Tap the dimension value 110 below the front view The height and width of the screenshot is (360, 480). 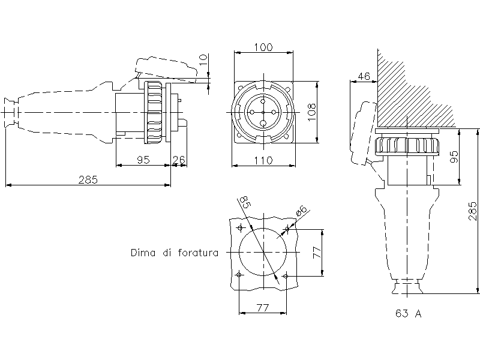pyautogui.click(x=263, y=160)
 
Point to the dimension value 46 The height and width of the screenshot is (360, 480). pyautogui.click(x=363, y=76)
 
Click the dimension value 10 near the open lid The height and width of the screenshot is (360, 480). pyautogui.click(x=203, y=60)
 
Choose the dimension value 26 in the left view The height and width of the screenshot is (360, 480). pyautogui.click(x=179, y=160)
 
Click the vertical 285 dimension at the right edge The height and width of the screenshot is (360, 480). pyautogui.click(x=473, y=212)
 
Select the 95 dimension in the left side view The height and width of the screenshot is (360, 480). pyautogui.click(x=143, y=160)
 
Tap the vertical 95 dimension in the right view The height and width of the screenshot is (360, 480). pyautogui.click(x=454, y=157)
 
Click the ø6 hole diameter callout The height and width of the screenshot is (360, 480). pyautogui.click(x=301, y=211)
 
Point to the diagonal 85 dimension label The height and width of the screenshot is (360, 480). pyautogui.click(x=244, y=202)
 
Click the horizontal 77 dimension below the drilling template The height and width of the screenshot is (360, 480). pyautogui.click(x=262, y=308)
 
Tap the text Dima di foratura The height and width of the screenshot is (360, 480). pyautogui.click(x=174, y=253)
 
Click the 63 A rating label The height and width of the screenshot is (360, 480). pyautogui.click(x=408, y=314)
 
